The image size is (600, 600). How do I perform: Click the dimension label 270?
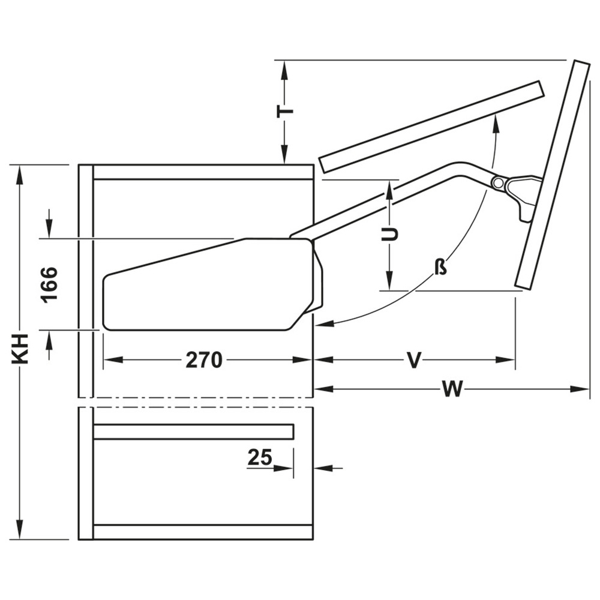204,360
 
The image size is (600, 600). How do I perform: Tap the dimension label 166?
50,285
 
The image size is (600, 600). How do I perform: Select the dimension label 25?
260,457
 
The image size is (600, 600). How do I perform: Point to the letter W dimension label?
452,389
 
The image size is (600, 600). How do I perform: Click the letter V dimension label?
413,360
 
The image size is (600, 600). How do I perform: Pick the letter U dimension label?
390,234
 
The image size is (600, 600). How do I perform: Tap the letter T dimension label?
285,111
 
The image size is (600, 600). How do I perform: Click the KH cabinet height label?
20,349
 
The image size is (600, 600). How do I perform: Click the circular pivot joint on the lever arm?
498,183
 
